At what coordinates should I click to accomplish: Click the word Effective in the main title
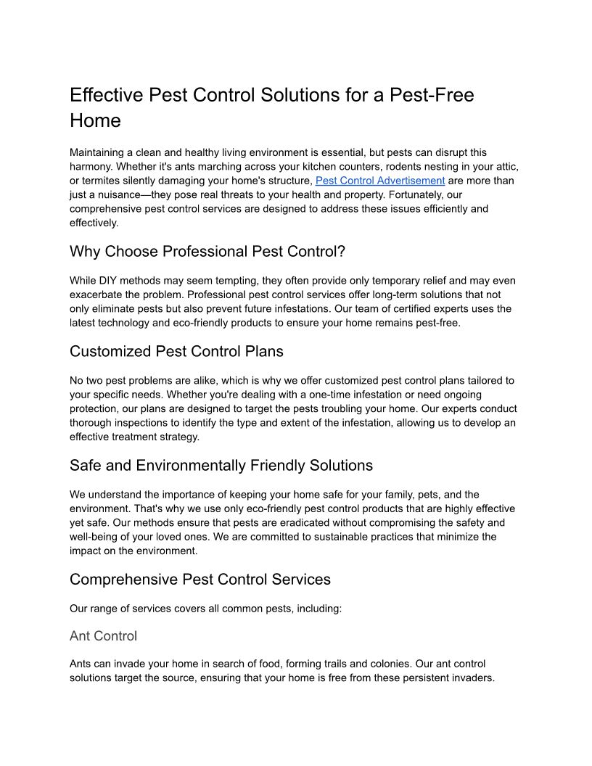coord(106,95)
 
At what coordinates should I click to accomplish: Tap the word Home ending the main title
coord(95,120)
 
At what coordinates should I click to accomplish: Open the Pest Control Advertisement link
coord(379,181)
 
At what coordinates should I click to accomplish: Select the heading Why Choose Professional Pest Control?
coord(207,252)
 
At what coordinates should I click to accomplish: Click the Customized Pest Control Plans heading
coord(176,352)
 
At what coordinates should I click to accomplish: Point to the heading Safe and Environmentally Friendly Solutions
coord(221,466)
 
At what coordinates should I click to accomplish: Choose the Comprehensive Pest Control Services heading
coord(200,580)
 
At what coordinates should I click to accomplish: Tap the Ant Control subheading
coord(103,636)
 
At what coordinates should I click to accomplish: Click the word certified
coord(416,309)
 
